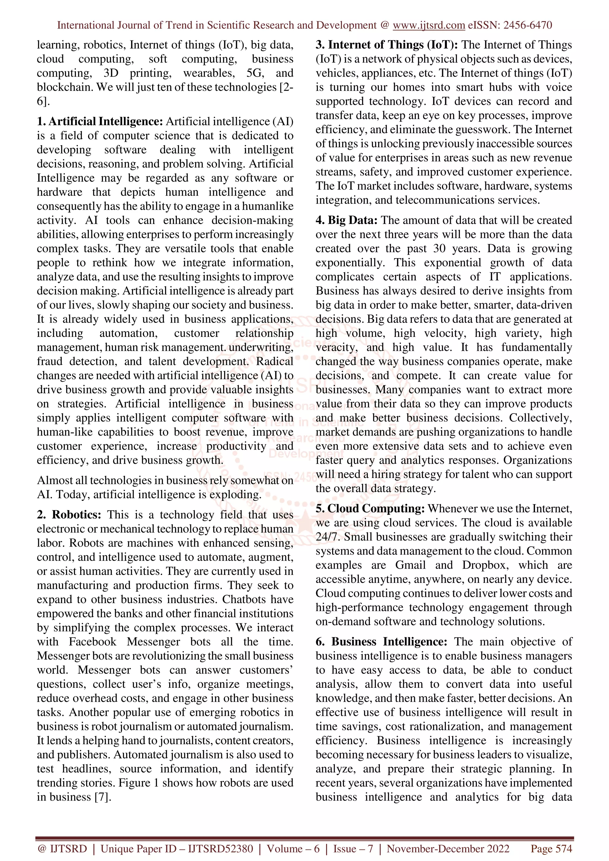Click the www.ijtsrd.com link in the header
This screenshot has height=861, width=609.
click(x=429, y=25)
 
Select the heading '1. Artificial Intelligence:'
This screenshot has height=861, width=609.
click(x=100, y=122)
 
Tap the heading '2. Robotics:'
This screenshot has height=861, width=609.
click(x=69, y=515)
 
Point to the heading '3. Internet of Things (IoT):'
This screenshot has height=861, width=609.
click(x=387, y=45)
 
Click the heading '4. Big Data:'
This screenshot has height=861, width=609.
click(x=346, y=220)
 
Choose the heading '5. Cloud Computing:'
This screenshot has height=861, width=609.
click(x=370, y=509)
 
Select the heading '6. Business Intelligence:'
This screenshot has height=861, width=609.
click(x=381, y=642)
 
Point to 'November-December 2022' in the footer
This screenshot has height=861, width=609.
click(x=448, y=849)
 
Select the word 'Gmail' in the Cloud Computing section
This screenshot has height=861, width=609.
click(x=410, y=565)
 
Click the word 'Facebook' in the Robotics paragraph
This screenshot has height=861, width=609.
click(x=93, y=642)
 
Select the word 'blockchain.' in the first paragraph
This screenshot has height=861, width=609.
click(x=65, y=87)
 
